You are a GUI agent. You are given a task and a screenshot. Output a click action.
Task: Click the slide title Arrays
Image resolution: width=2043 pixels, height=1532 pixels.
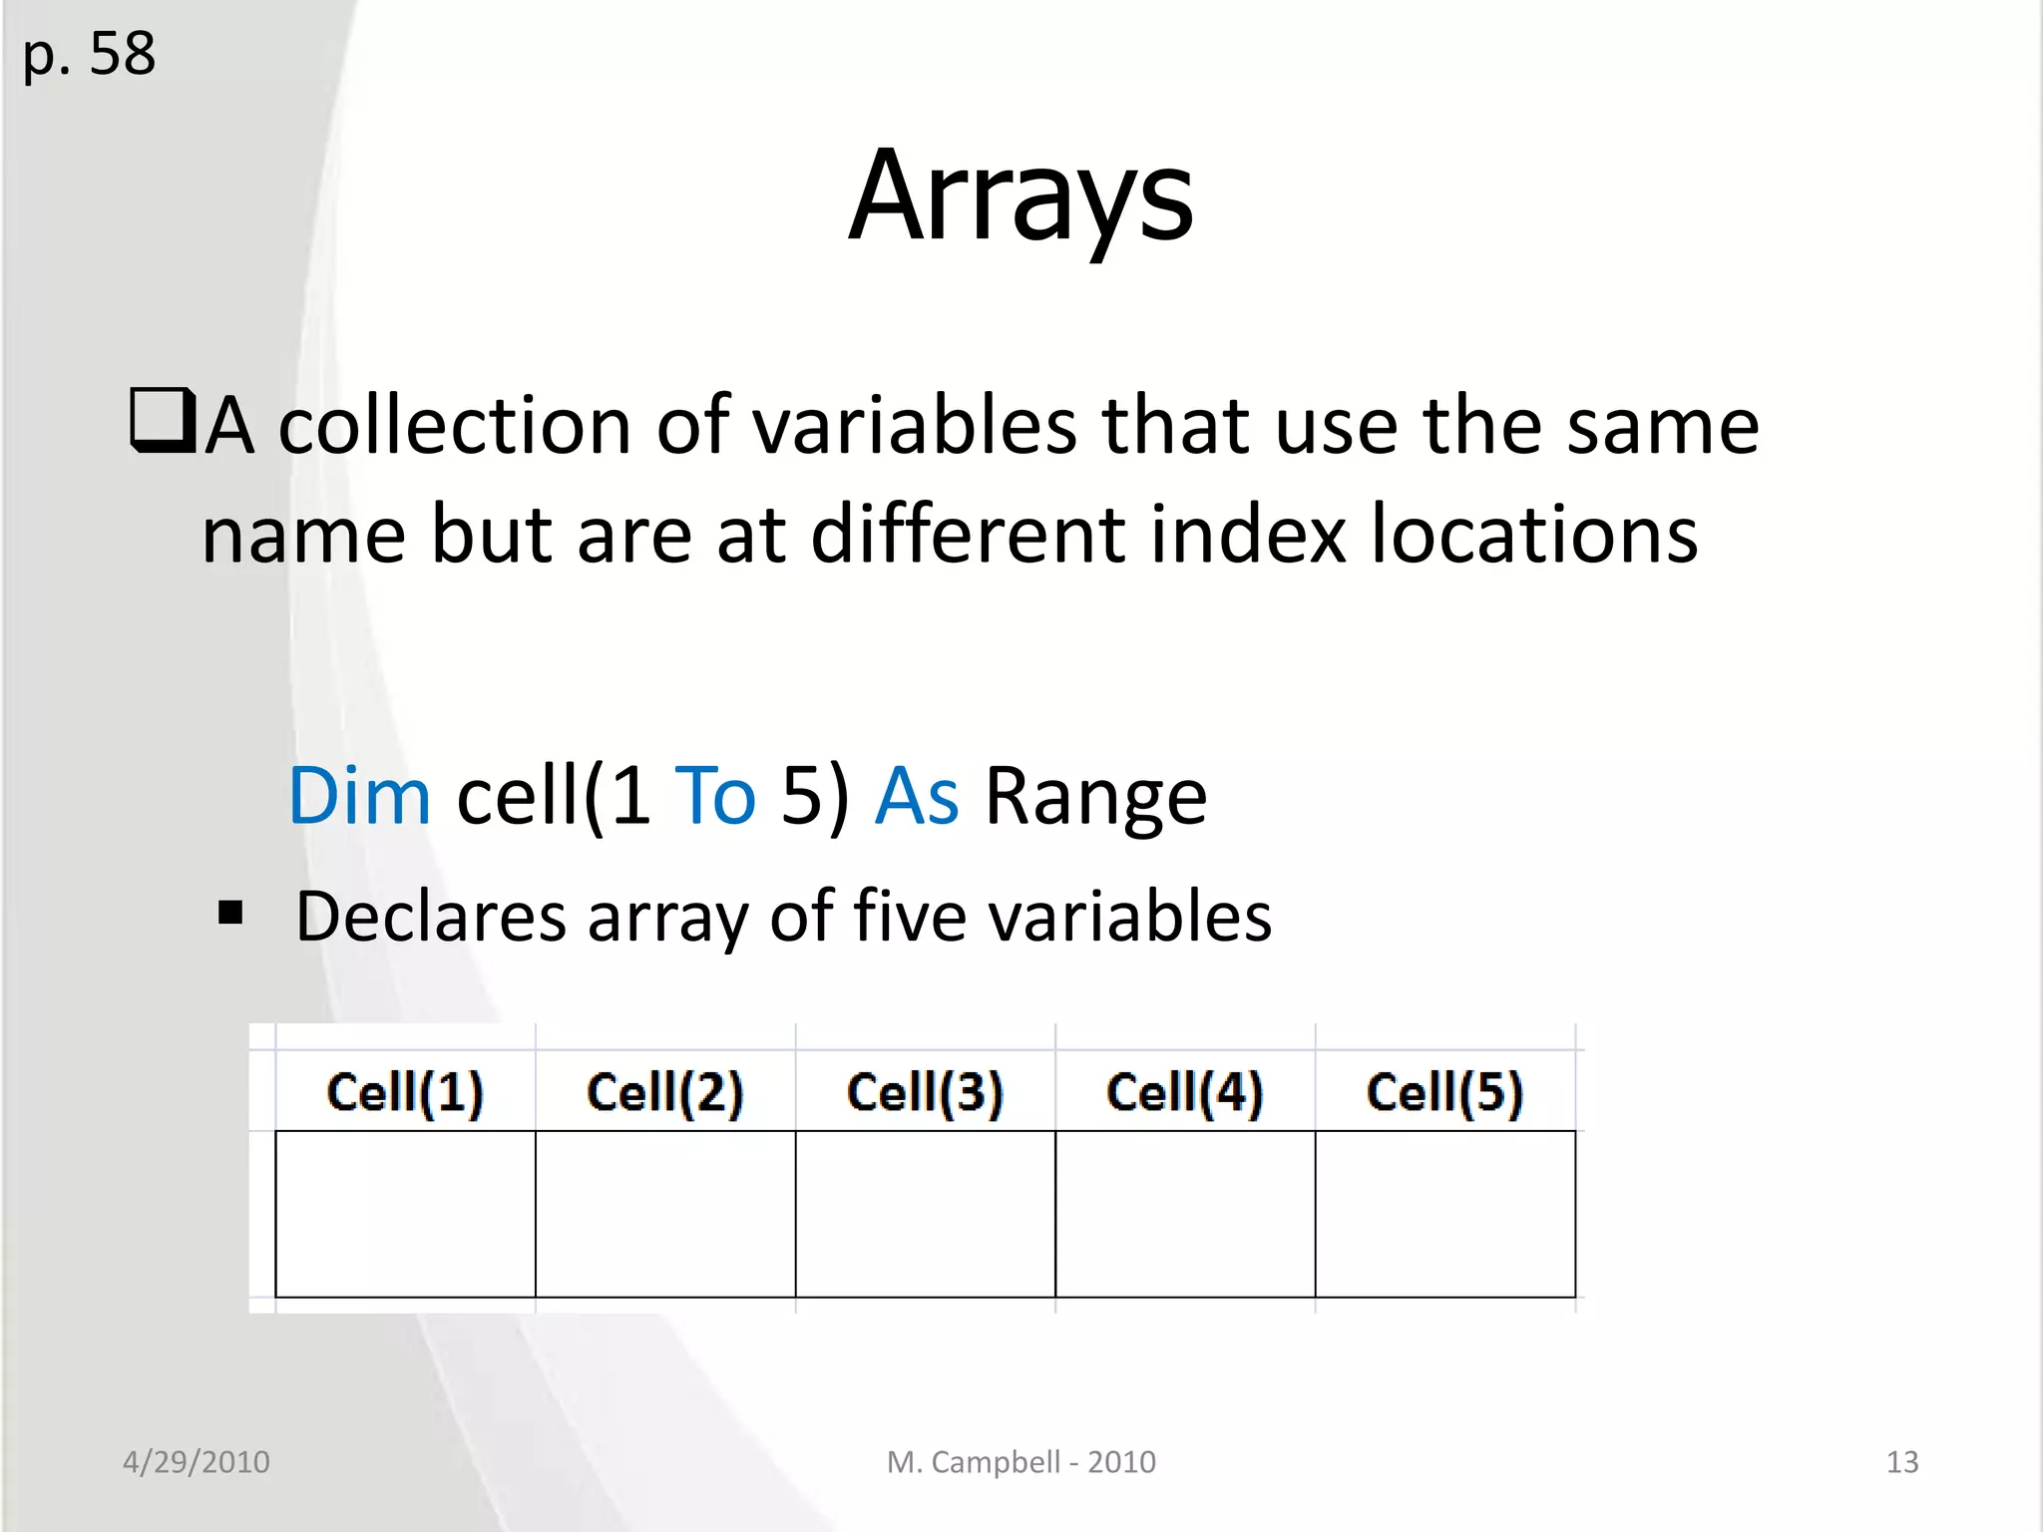coord(1021,195)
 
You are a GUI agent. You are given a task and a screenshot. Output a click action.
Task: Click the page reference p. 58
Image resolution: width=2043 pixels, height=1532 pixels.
coord(89,55)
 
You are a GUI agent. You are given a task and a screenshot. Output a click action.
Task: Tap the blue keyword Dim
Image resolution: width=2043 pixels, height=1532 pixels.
coord(359,796)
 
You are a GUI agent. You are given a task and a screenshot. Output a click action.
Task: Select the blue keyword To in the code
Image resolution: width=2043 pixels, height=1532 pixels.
coord(715,796)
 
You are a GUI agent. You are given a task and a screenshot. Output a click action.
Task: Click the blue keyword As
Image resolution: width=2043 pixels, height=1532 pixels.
coord(917,796)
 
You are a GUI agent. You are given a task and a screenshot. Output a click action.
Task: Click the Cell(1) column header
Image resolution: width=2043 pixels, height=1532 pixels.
coord(405,1092)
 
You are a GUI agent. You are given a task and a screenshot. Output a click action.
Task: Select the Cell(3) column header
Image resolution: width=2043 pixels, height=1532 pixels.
coord(925,1092)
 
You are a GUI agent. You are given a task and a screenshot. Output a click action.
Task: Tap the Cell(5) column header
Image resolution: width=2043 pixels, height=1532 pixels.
coord(1444,1092)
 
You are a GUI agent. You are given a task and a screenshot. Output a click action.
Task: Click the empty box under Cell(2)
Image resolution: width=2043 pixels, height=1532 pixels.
coord(665,1214)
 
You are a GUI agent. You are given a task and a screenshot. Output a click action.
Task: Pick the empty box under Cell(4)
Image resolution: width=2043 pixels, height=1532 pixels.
coord(1185,1214)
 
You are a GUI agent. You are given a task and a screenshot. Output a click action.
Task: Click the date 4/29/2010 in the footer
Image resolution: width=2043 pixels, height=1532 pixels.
coord(197,1462)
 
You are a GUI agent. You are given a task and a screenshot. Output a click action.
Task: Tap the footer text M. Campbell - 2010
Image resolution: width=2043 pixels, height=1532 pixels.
coord(1021,1462)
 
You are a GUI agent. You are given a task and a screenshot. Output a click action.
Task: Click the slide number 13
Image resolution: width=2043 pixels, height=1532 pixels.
coord(1901,1462)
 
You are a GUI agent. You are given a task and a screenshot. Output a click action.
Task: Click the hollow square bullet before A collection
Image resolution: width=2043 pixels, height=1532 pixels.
coord(162,421)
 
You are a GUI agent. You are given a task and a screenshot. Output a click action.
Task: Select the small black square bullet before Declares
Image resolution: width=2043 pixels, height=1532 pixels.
coord(231,913)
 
